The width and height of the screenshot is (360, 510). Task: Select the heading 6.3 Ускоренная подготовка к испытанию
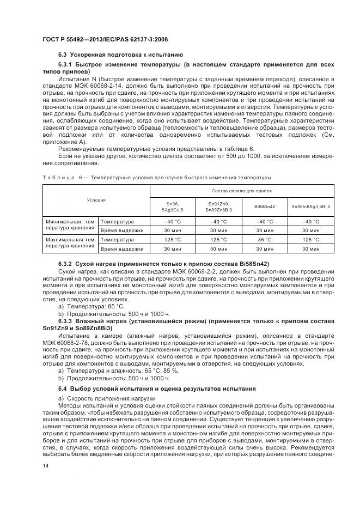coord(120,55)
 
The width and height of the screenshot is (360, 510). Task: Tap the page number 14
coord(46,466)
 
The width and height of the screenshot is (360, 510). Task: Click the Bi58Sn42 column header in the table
coord(265,207)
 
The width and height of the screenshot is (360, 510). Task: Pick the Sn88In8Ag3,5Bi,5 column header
coord(310,207)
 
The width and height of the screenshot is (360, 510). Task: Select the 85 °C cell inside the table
coord(265,239)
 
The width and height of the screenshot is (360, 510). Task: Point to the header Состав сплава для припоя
coord(242,191)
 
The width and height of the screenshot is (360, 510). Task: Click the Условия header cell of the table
coord(96,200)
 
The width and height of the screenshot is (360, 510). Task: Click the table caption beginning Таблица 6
coord(156,178)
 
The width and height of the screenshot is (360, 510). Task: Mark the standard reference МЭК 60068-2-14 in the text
coord(80,86)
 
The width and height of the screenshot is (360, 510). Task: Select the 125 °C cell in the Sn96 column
coord(172,239)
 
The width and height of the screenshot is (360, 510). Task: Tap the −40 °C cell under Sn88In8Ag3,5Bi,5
coord(310,222)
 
